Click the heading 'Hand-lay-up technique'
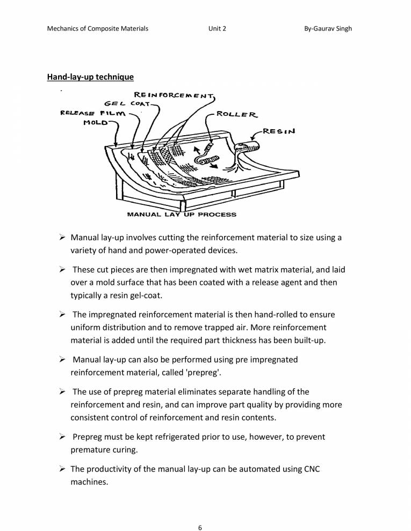90,77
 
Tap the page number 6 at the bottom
200,512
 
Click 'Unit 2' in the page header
217,28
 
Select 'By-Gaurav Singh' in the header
328,28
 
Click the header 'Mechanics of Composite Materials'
98,28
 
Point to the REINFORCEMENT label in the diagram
174,95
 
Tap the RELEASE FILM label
92,113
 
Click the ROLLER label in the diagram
237,114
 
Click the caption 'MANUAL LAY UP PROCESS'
181,215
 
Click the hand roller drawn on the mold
208,158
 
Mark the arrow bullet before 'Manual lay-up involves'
61,237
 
